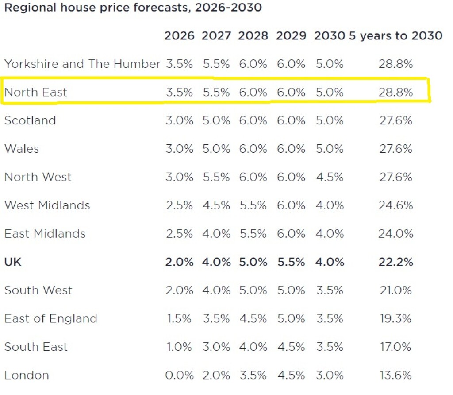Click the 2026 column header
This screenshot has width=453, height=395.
179,36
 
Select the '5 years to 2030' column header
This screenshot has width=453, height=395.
395,36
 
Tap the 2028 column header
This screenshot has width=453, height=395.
253,36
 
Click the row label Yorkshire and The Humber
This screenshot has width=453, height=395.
82,64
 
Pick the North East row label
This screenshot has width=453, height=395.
36,92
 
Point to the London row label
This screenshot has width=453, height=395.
27,375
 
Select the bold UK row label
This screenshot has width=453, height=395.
13,262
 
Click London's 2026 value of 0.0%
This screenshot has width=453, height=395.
179,375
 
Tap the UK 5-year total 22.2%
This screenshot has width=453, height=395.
395,262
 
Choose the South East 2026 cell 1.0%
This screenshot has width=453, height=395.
179,347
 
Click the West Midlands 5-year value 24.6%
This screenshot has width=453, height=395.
395,205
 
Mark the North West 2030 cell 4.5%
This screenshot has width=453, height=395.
330,177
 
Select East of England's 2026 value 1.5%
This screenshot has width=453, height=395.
179,318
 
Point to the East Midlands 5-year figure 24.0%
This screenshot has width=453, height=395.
395,234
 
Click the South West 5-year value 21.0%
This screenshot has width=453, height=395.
395,290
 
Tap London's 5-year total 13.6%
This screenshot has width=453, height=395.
395,375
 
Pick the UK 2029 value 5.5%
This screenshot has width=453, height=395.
291,262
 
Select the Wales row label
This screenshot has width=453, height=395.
22,149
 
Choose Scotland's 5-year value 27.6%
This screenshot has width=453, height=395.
395,120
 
